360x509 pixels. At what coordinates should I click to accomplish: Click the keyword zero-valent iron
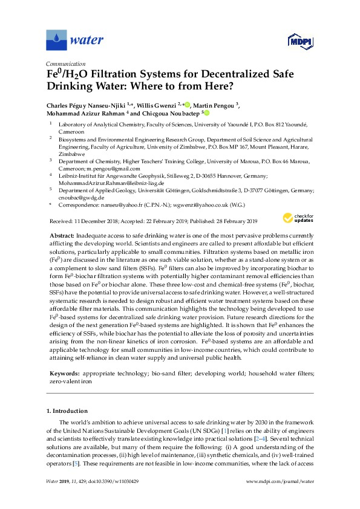click(x=71, y=366)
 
